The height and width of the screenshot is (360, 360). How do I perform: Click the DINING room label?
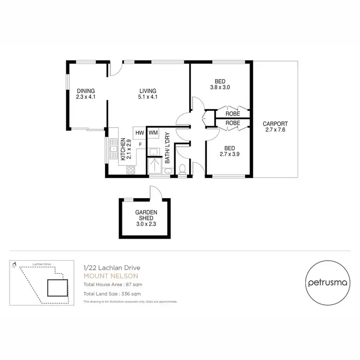pos(86,91)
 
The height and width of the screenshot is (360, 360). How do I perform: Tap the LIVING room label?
pos(148,91)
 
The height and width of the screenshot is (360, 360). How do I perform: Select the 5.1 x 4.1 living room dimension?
pos(148,97)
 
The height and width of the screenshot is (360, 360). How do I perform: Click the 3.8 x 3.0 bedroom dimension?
pos(220,88)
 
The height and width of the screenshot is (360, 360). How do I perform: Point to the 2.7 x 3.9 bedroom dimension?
pos(220,154)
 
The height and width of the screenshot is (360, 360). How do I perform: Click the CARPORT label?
pos(275,124)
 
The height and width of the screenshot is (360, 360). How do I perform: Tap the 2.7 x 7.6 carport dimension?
pos(275,130)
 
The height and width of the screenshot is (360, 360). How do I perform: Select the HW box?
pos(140,133)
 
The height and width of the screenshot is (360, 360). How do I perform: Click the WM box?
pos(154,132)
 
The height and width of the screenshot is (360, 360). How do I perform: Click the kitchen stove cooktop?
pos(131,169)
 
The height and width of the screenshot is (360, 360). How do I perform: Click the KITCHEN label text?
pos(123,149)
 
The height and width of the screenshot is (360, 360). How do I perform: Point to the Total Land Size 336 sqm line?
pos(111,293)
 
